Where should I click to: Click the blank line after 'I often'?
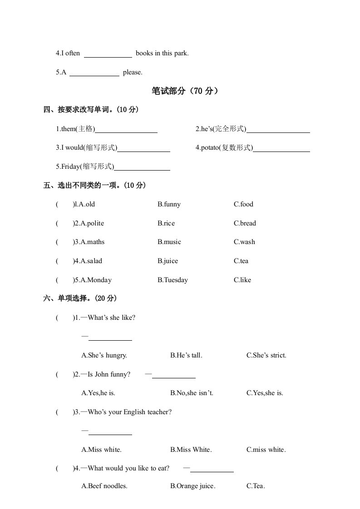coord(108,54)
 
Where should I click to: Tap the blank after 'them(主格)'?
coord(127,130)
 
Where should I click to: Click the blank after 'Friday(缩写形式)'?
coord(142,167)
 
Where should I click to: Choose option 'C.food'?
coord(243,204)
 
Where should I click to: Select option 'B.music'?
coord(169,242)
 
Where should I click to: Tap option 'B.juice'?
coord(168,261)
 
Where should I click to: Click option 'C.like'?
coord(242,280)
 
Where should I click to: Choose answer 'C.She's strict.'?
coord(266,355)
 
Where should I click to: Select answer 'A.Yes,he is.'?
coord(101,393)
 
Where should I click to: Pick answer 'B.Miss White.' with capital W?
coord(191,450)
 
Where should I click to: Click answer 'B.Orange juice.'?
coord(193,486)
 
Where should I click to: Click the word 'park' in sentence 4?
coord(180,53)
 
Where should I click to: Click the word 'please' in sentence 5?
coord(132,72)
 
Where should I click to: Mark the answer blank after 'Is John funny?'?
coord(173,375)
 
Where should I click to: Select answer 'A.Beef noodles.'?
coord(104,486)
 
